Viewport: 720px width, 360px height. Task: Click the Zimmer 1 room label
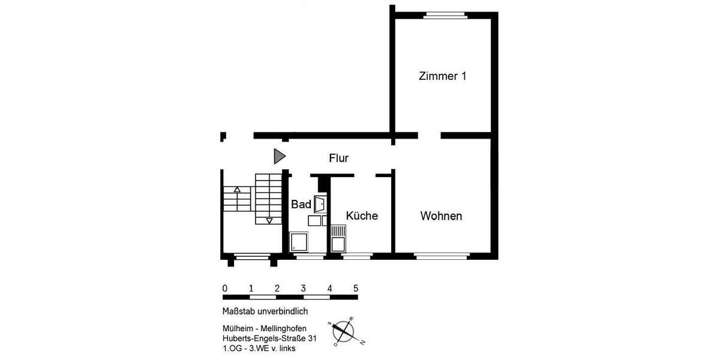(x=442, y=76)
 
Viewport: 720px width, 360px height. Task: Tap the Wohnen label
(x=441, y=216)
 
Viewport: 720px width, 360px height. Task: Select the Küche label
(x=362, y=216)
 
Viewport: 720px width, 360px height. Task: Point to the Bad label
(x=301, y=205)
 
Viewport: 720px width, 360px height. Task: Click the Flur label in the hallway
(x=338, y=158)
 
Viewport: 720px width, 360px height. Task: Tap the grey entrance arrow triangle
(x=279, y=156)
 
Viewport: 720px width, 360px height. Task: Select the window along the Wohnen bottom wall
(x=442, y=256)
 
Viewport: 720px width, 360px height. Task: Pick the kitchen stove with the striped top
(x=338, y=230)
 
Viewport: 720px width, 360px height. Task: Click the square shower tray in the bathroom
(x=299, y=242)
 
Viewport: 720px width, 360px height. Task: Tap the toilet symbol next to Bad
(x=320, y=204)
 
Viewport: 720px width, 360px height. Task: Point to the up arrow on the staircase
(x=237, y=190)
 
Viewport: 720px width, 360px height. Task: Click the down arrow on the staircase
(x=269, y=220)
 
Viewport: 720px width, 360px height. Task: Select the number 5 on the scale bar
(x=356, y=287)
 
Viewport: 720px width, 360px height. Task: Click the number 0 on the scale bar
(x=224, y=287)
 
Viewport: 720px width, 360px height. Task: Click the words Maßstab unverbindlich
(x=265, y=311)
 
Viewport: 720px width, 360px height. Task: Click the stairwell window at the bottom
(x=252, y=257)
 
